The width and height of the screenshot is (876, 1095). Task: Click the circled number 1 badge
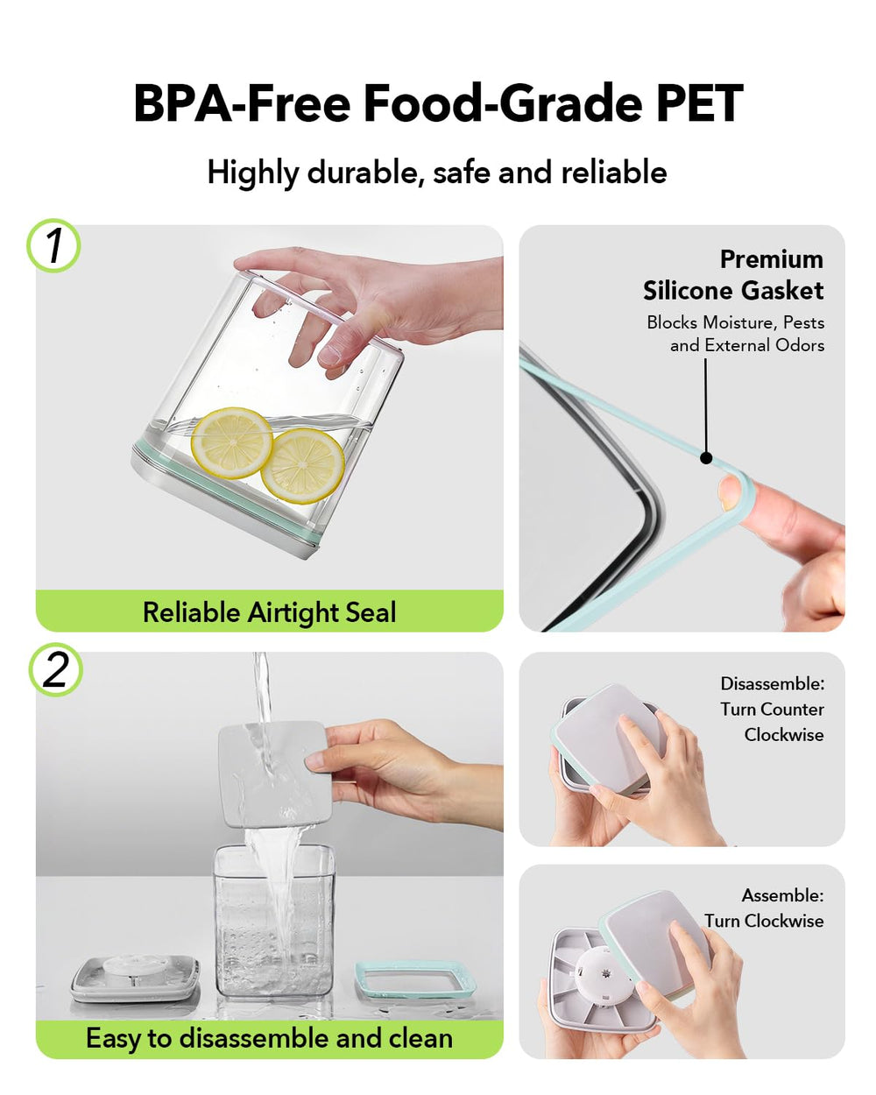coord(53,245)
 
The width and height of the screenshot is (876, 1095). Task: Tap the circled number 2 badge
coord(55,669)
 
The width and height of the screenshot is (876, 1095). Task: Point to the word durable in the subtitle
coord(365,173)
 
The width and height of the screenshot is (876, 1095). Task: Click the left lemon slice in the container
coord(231,442)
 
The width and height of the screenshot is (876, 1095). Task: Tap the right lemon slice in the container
coord(303,465)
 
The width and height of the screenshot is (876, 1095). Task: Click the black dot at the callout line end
coord(705,458)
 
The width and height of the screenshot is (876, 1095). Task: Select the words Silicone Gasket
coord(733,291)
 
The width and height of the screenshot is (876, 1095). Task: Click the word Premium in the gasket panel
coord(771,259)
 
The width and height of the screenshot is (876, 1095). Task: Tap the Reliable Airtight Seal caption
coord(269,612)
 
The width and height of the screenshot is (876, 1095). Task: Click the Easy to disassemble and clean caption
coord(269,1038)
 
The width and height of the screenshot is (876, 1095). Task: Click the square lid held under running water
coord(274,774)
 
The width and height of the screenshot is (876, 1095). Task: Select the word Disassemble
coord(772,684)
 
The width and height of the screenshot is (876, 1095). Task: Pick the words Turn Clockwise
coord(764,921)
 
